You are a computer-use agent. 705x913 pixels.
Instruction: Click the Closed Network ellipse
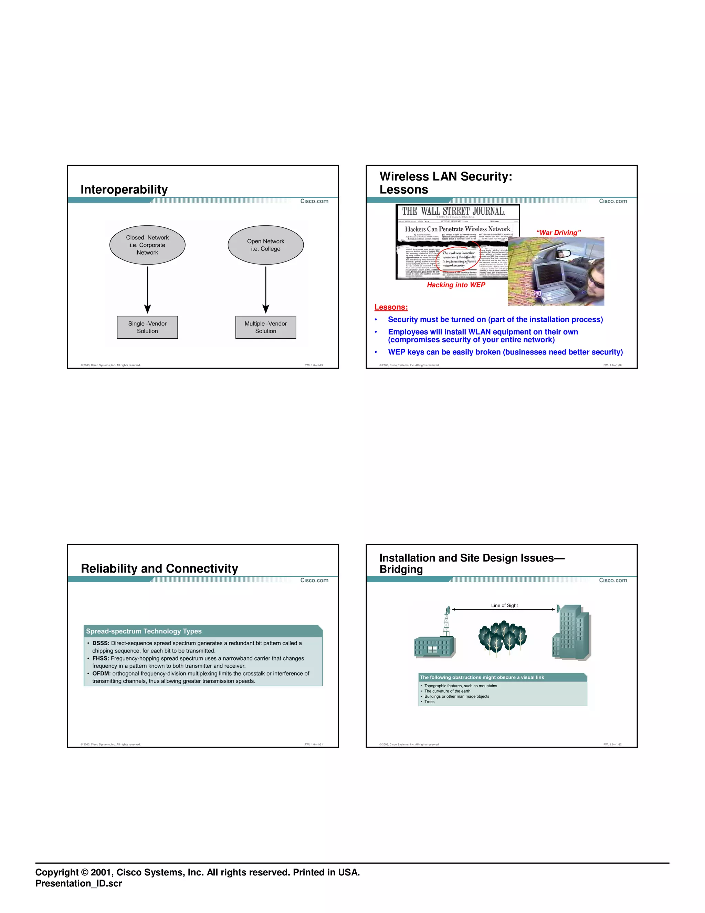[x=147, y=245]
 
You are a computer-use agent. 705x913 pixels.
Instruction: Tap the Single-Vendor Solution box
[x=147, y=327]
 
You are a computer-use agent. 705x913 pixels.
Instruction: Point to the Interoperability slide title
[x=124, y=189]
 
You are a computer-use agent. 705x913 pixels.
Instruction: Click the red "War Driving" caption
[x=558, y=233]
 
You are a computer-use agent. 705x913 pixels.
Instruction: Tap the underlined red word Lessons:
[x=391, y=307]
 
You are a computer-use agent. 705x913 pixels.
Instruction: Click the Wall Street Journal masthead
[x=454, y=211]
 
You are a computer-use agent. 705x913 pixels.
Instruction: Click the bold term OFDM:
[x=101, y=674]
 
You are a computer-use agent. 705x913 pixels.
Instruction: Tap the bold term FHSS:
[x=100, y=658]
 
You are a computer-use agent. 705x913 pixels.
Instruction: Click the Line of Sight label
[x=504, y=605]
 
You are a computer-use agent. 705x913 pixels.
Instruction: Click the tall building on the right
[x=572, y=633]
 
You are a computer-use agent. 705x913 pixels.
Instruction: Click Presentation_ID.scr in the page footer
[x=78, y=883]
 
